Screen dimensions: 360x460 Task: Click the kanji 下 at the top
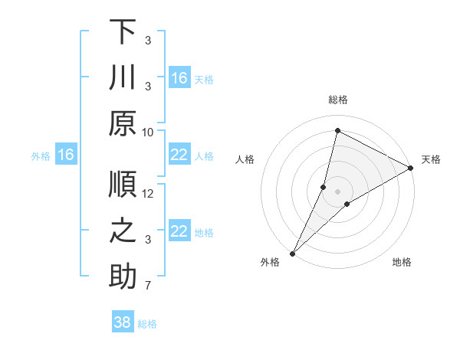(123, 32)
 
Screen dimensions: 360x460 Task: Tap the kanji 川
(123, 78)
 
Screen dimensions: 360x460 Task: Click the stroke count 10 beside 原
(148, 132)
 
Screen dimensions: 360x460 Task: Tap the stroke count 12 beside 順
(148, 194)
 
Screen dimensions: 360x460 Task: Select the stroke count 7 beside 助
(148, 286)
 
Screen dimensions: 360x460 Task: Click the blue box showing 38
(123, 322)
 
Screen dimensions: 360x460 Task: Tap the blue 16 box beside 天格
(179, 78)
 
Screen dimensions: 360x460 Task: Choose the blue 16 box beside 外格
(66, 155)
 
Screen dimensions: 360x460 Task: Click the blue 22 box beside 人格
(179, 155)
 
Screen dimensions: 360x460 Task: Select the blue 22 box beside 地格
(179, 232)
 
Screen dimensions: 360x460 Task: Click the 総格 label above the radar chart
(337, 100)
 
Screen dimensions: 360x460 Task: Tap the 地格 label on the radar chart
(402, 262)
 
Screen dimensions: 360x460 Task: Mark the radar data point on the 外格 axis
(292, 253)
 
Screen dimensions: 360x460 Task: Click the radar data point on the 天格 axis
(411, 168)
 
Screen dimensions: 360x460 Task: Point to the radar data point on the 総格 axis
(337, 129)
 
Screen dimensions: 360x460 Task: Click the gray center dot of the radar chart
(337, 191)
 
